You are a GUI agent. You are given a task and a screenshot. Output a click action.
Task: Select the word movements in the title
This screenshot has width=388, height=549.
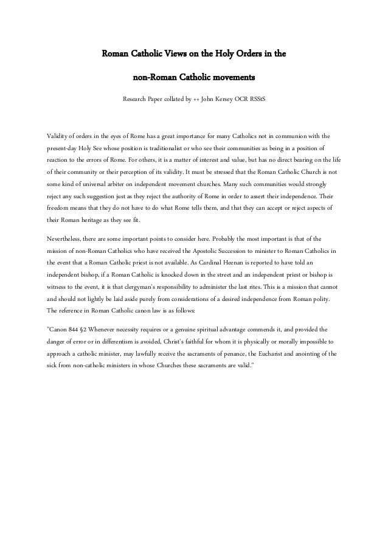tap(233, 78)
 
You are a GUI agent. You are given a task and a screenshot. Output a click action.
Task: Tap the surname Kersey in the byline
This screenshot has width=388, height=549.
tap(229, 99)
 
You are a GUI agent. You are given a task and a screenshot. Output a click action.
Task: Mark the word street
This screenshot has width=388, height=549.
tap(227, 274)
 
